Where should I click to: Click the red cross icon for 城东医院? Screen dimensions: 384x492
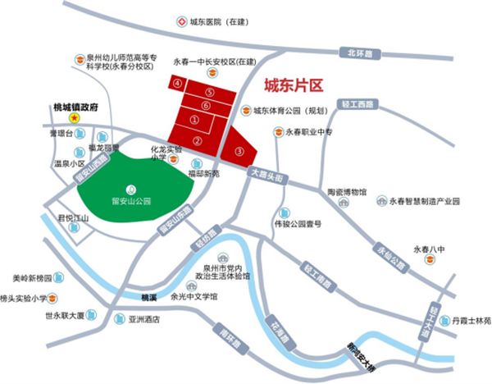pyautogui.click(x=181, y=25)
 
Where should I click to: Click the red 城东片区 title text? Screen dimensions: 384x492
pyautogui.click(x=294, y=85)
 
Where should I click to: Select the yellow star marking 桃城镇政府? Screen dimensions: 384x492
pyautogui.click(x=74, y=118)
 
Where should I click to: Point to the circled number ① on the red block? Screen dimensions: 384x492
pyautogui.click(x=194, y=120)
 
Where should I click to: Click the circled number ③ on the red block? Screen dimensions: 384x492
pyautogui.click(x=239, y=150)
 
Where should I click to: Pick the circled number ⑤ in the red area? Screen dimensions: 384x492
pyautogui.click(x=210, y=93)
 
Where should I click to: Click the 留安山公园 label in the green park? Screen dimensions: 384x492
pyautogui.click(x=131, y=199)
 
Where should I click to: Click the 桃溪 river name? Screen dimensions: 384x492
pyautogui.click(x=148, y=297)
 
